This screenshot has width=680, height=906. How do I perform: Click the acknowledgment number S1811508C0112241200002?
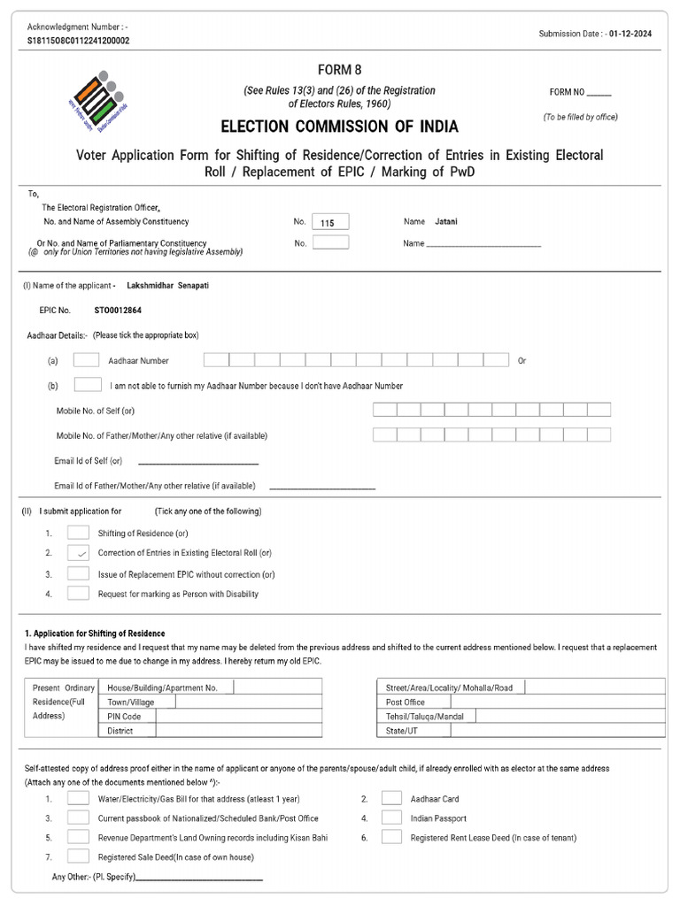[78, 41]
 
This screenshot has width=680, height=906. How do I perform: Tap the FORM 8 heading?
[340, 70]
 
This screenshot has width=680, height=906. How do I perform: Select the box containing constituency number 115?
[330, 222]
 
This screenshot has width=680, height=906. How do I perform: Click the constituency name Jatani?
[447, 221]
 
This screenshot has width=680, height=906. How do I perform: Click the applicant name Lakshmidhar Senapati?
[168, 286]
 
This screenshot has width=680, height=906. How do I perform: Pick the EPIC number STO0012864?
[118, 311]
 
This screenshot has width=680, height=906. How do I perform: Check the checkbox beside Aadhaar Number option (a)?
[86, 360]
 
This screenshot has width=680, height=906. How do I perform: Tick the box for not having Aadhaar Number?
[88, 385]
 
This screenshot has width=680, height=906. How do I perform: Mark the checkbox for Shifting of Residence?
[79, 533]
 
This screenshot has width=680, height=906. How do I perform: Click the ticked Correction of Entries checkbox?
[79, 553]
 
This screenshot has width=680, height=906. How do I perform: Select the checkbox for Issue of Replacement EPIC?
[79, 573]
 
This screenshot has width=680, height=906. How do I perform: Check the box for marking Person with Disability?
[79, 594]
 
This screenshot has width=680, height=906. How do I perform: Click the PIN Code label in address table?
[124, 716]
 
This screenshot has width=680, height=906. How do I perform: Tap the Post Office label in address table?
[406, 702]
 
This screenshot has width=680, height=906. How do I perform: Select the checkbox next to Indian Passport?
[391, 818]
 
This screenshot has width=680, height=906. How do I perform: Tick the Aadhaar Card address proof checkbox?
[391, 798]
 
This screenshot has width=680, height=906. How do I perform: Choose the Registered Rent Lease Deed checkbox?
[391, 837]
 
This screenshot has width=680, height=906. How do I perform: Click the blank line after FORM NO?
[599, 93]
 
